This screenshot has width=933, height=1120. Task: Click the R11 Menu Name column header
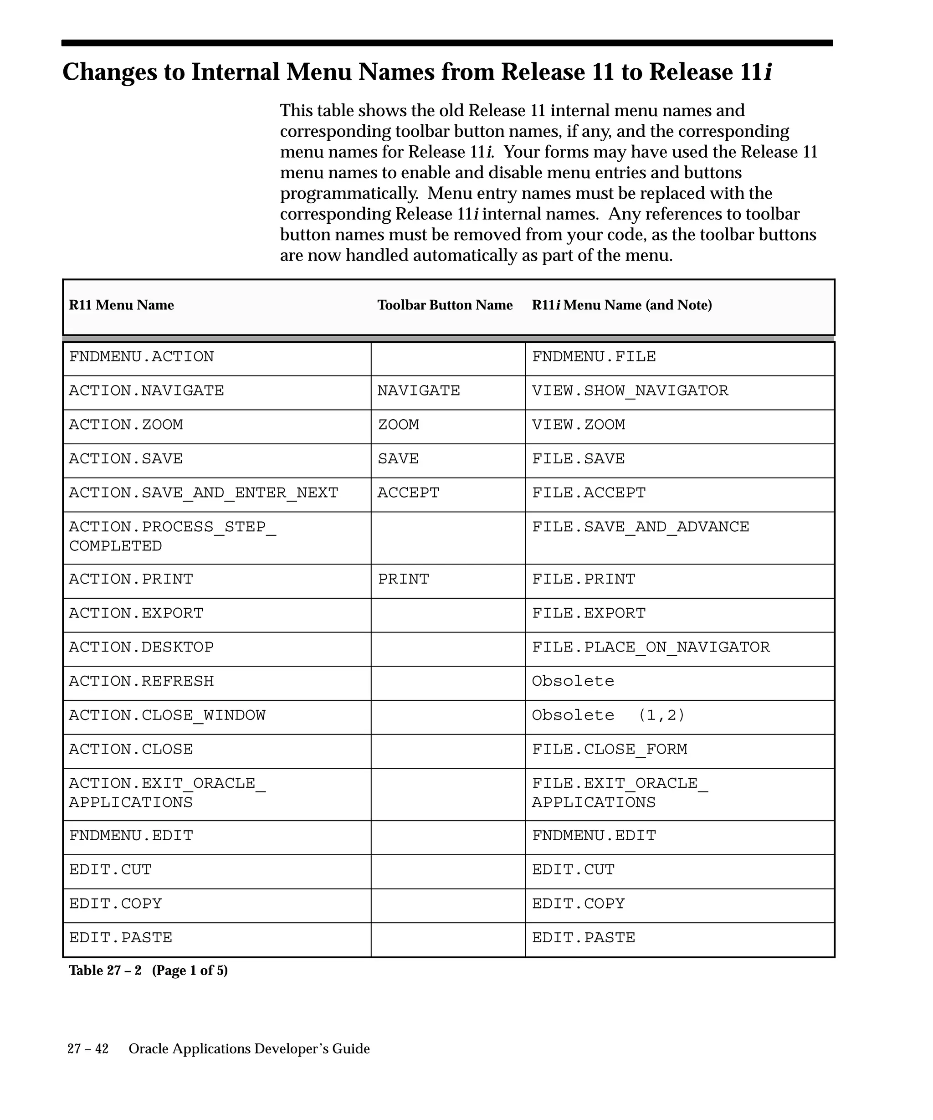tap(122, 305)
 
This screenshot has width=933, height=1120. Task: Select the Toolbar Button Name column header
tap(445, 305)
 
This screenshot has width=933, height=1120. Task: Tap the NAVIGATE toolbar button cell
tap(419, 391)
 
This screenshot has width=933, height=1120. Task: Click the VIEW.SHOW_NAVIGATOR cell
tap(630, 391)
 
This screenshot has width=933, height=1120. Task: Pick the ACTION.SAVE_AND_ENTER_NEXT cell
tap(203, 493)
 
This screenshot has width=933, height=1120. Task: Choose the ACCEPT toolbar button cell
tap(408, 493)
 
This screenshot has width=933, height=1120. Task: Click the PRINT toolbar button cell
tap(404, 579)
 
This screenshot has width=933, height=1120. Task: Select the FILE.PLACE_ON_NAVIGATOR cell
tap(651, 647)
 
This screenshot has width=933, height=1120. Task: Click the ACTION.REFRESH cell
tap(141, 682)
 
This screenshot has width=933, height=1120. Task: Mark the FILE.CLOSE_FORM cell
tap(610, 750)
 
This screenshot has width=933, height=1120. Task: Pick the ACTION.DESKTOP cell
tap(141, 647)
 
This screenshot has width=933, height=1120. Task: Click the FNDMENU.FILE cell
tap(594, 357)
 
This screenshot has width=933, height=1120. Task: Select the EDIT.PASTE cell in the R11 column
tap(120, 938)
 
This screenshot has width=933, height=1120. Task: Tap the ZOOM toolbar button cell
tap(398, 425)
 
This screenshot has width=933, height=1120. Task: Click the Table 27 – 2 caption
tap(148, 970)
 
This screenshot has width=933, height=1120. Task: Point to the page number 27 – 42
tap(88, 1048)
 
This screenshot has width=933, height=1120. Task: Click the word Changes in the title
tap(110, 72)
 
